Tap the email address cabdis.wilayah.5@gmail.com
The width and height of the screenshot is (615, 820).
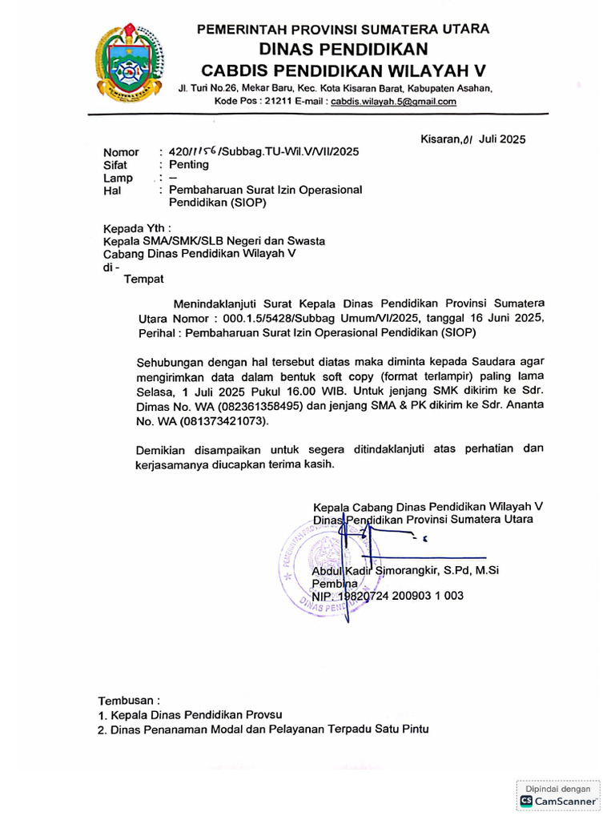coord(394,102)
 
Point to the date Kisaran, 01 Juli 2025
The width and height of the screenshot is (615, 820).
coord(472,139)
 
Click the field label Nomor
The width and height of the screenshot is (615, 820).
coord(121,152)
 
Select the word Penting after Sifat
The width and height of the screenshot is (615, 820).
coord(189,165)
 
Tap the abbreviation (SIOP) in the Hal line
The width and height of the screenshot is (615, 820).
coord(248,203)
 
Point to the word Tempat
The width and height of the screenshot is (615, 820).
coord(143,279)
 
